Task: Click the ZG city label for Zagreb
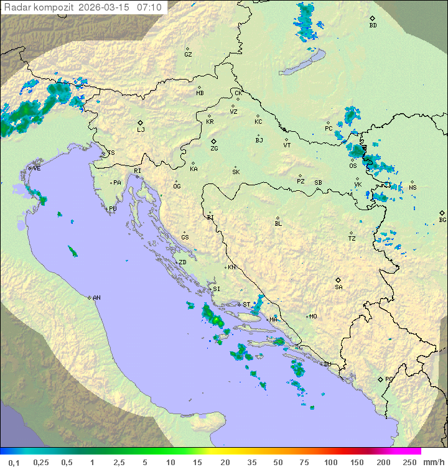214,149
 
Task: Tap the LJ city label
141,130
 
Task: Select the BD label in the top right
373,25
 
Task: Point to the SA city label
338,287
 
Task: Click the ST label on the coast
246,305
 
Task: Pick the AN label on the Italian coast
96,298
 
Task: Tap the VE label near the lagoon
37,169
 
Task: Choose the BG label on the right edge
442,220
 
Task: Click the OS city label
353,166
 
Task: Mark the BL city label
278,224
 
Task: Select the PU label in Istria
113,209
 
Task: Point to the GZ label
188,55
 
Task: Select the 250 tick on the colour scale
409,462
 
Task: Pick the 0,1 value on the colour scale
14,462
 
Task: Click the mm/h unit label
433,462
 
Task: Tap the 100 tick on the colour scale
330,462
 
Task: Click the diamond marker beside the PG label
380,379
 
